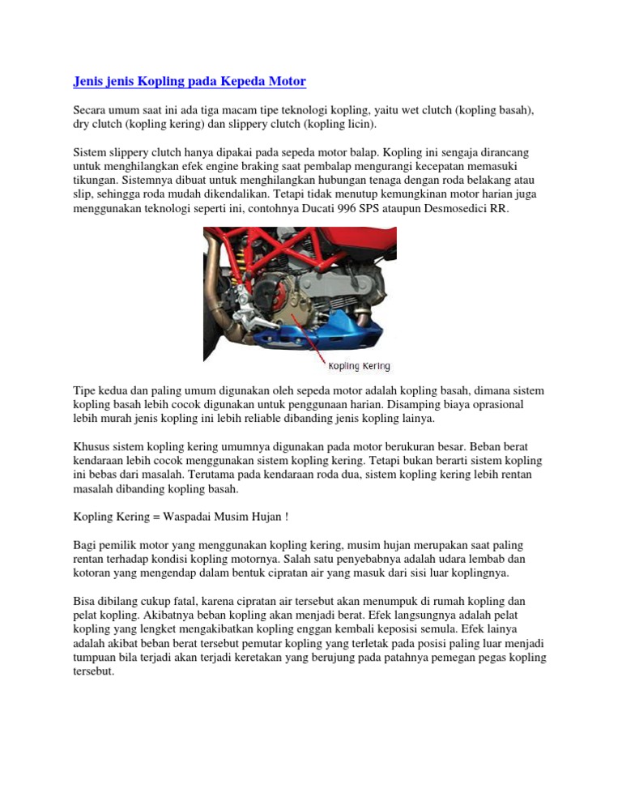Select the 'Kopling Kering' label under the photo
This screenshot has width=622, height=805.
359,366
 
